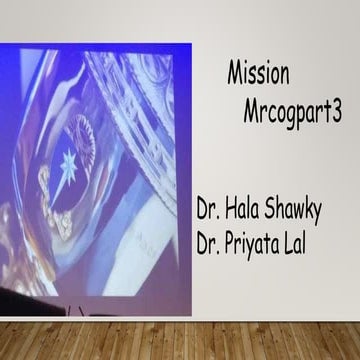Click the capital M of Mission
click(x=236, y=75)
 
